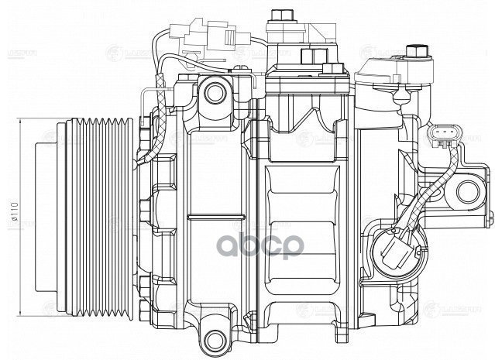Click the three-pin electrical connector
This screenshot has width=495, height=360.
click(x=439, y=139)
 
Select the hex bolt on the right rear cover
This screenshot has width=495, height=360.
click(x=419, y=53)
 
